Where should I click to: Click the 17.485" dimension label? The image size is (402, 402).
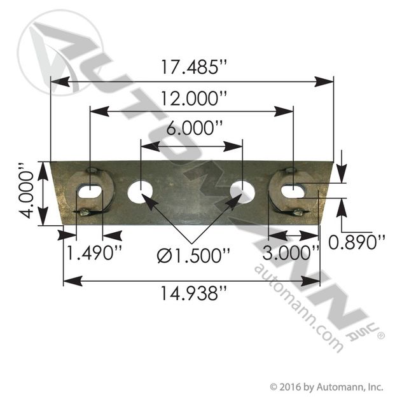194,67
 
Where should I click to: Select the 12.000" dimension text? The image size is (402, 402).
194,99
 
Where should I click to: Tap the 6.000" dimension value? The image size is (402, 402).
194,128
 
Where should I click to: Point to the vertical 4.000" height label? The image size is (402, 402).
27,190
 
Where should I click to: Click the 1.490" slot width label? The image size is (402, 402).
94,253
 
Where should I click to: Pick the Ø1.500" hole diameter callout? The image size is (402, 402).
193,256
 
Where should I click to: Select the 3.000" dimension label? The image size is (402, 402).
291,253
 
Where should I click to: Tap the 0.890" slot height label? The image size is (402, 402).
357,242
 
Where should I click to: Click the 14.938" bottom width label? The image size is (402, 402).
193,294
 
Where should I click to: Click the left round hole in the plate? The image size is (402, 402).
140,191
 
